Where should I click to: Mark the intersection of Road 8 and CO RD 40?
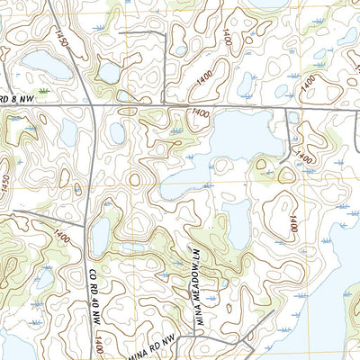tap(93, 106)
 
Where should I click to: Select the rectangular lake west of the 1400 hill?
tap(237, 222)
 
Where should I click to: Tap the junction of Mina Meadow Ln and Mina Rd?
tap(192, 335)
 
